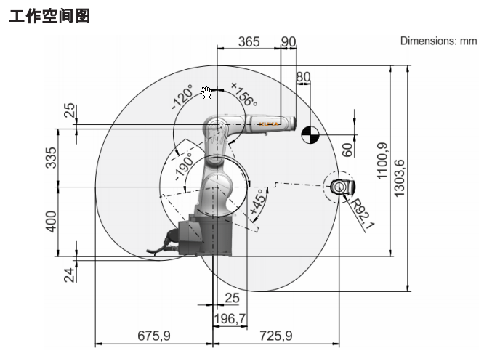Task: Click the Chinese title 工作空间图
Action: (49, 15)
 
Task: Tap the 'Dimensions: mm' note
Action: (438, 41)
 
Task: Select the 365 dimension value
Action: (249, 42)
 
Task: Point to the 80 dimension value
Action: (303, 77)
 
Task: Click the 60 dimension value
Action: (347, 150)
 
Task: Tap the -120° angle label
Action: (182, 97)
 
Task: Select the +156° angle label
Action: (243, 95)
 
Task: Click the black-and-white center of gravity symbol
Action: (310, 133)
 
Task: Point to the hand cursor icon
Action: (206, 92)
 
